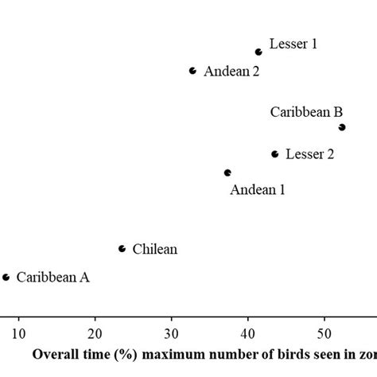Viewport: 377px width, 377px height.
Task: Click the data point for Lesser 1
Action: (258, 52)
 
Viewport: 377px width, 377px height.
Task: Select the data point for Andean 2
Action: (192, 71)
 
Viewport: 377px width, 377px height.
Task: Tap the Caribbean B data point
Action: (342, 127)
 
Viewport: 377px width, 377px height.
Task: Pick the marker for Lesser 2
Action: (275, 154)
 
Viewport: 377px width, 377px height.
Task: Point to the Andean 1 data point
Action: (227, 173)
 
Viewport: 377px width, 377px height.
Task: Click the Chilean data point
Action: (122, 249)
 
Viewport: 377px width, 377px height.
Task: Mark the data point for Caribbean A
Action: (6, 278)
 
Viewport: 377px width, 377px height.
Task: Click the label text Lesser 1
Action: (293, 45)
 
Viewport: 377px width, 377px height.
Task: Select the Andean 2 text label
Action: (231, 72)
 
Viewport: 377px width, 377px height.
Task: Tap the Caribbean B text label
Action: (306, 112)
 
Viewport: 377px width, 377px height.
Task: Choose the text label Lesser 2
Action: (309, 154)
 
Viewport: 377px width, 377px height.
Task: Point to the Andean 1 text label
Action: (257, 189)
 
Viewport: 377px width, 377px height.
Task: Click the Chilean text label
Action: (154, 250)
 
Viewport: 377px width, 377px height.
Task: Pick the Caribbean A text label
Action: (53, 278)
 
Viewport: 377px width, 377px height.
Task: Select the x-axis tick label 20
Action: (95, 332)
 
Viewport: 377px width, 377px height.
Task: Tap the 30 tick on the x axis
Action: (172, 332)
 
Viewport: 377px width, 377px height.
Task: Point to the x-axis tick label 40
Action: (248, 332)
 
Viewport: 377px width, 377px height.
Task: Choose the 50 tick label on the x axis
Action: (325, 332)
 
